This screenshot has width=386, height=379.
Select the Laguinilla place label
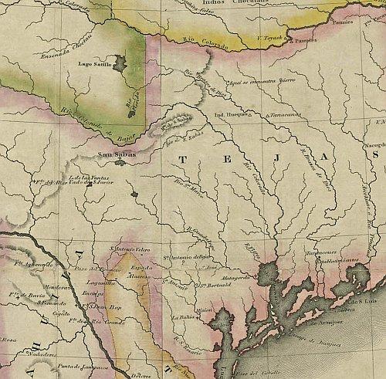click(100, 283)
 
